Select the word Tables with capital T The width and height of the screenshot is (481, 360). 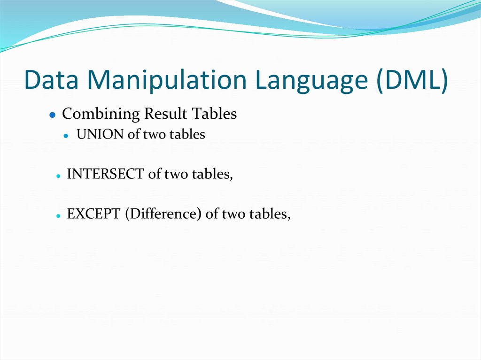[214, 114]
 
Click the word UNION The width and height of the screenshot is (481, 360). [101, 135]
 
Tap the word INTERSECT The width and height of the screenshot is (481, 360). [105, 174]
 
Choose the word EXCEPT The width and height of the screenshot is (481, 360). [94, 214]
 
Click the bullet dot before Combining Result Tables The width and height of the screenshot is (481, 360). [53, 115]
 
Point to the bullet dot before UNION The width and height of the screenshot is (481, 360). [67, 136]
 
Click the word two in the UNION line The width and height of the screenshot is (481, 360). [153, 135]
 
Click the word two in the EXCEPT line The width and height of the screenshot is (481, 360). [232, 214]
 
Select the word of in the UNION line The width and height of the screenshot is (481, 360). [134, 135]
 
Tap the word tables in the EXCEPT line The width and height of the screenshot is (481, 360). [269, 214]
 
